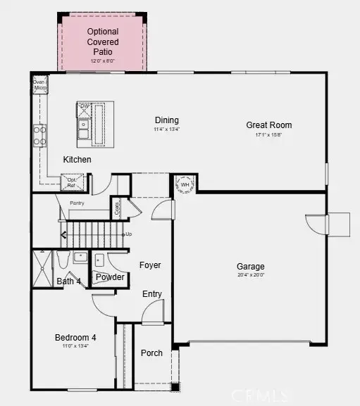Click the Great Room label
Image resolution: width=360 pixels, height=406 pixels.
[268, 125]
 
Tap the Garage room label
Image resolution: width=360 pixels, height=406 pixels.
[250, 267]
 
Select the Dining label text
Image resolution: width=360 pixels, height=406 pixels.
[167, 120]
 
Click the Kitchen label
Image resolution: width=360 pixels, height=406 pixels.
[77, 160]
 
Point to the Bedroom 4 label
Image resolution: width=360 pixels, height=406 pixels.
[75, 338]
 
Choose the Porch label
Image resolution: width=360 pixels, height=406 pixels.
[151, 353]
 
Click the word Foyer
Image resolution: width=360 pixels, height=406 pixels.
[150, 265]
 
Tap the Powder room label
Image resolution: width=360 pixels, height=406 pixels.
[111, 277]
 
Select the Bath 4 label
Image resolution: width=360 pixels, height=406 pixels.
[68, 282]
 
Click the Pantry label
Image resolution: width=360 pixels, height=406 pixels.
[77, 203]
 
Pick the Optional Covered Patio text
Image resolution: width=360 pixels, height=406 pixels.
[103, 42]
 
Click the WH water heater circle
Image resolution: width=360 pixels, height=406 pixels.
[185, 185]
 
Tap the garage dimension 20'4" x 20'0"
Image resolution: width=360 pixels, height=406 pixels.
[250, 275]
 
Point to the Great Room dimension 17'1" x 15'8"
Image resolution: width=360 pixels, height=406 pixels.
[268, 134]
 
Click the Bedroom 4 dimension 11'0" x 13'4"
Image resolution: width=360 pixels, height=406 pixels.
[75, 346]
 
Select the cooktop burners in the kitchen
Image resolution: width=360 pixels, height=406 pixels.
[40, 134]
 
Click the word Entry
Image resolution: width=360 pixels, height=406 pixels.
[152, 294]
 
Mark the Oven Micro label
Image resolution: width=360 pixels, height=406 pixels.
[39, 85]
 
